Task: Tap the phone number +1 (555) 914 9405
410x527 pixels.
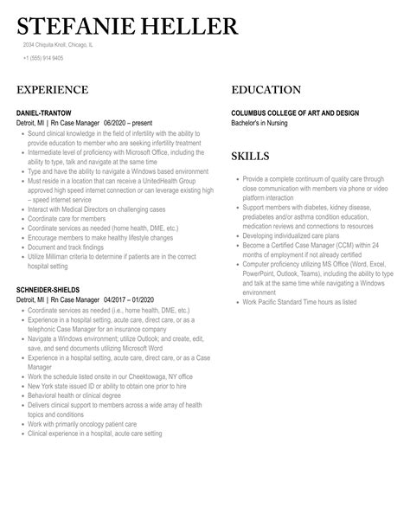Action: click(x=43, y=59)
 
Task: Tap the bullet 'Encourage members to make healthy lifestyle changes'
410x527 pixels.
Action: click(x=97, y=238)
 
